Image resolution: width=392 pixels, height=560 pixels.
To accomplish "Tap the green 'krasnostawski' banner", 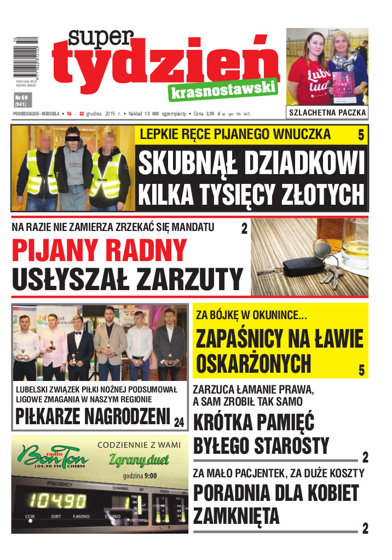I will click(x=223, y=90).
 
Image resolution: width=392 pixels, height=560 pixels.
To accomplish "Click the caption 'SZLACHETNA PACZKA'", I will click(x=327, y=113).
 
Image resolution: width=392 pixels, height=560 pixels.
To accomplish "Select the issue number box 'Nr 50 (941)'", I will click(x=21, y=100).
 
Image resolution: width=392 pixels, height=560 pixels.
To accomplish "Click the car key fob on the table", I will click(x=299, y=268).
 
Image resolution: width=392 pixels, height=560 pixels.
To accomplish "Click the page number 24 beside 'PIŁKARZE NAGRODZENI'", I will click(x=179, y=422).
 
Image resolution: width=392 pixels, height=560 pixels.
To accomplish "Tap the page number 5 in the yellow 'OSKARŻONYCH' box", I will click(x=361, y=370).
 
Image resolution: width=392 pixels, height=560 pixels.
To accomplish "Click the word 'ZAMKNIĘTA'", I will click(x=236, y=516).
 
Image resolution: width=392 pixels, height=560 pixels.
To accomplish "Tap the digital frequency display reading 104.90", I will click(x=57, y=500).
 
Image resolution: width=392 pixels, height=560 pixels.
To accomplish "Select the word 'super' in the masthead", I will click(x=101, y=39).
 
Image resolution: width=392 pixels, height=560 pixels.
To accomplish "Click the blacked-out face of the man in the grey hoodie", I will click(x=74, y=135).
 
